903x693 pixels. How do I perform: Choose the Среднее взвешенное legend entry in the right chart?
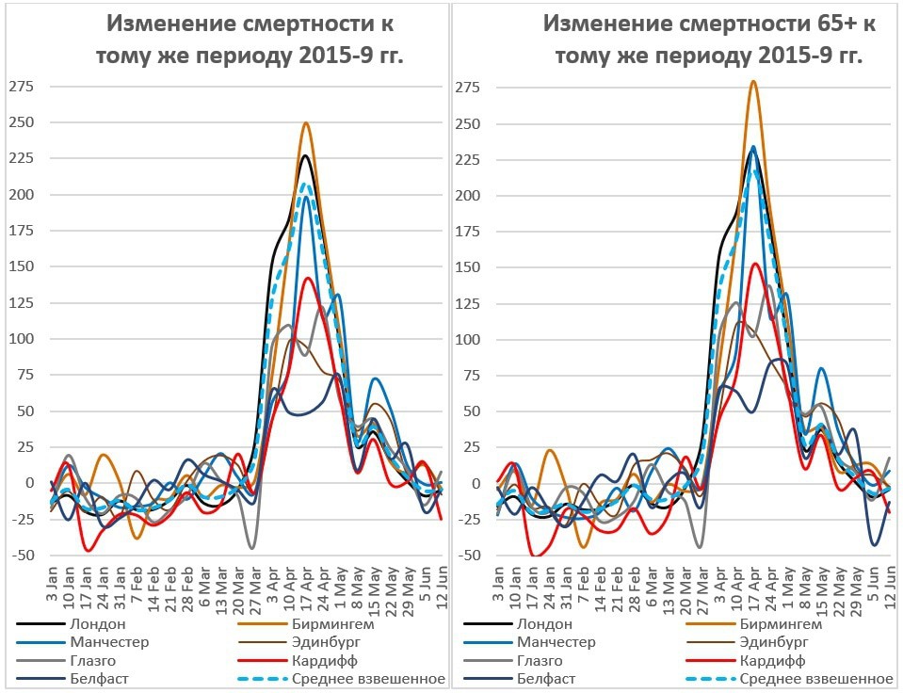(815, 678)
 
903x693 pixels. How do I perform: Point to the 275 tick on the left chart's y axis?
(21, 88)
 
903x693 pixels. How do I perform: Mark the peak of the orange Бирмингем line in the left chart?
(306, 123)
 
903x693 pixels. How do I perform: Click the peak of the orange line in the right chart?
(753, 81)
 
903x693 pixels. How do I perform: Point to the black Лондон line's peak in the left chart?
(306, 155)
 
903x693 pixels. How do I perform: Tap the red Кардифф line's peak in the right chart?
(755, 264)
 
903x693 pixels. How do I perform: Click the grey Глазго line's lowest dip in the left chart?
(251, 548)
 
